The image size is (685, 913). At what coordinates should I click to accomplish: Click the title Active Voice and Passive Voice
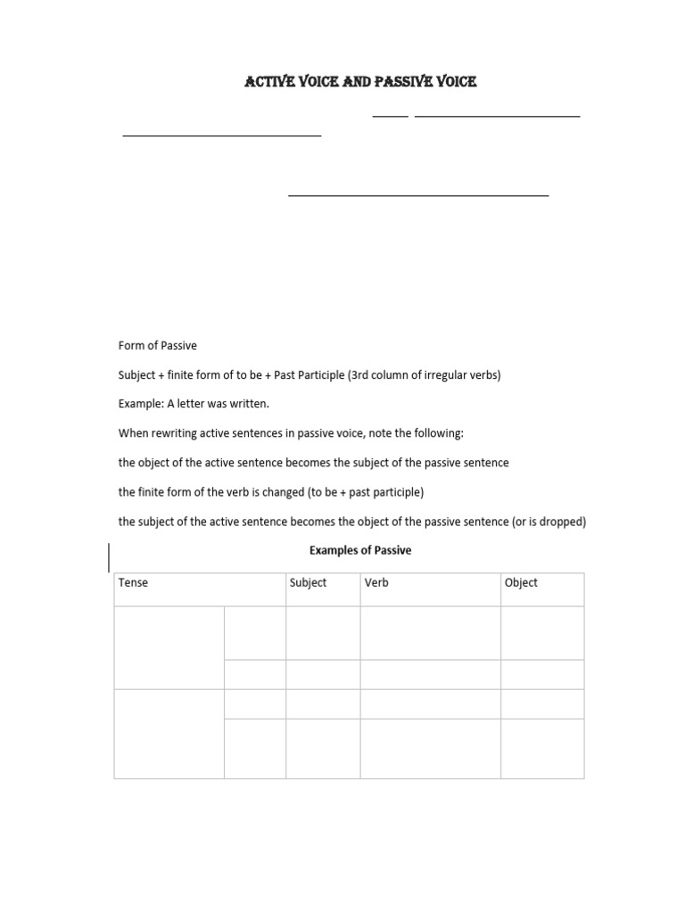[360, 82]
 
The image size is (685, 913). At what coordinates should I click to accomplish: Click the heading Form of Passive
[157, 346]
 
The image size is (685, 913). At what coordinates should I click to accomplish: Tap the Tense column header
[134, 583]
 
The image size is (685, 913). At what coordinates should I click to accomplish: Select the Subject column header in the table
[308, 583]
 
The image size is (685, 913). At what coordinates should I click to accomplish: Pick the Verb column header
[376, 583]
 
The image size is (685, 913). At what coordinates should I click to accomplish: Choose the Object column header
[521, 583]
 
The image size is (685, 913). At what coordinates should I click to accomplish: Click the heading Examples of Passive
[360, 551]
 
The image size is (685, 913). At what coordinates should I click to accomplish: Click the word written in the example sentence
[250, 404]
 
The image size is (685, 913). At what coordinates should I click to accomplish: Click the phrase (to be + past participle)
[366, 492]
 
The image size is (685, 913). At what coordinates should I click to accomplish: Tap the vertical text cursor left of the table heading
[110, 557]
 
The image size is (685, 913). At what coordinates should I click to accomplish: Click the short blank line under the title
[390, 116]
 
